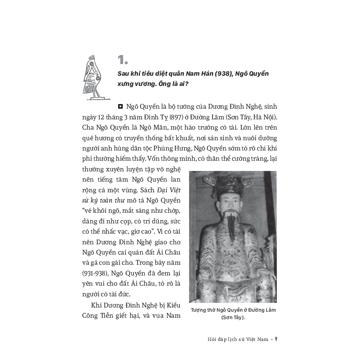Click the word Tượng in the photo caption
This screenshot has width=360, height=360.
tap(200, 310)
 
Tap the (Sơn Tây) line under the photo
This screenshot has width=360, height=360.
tap(233, 318)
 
